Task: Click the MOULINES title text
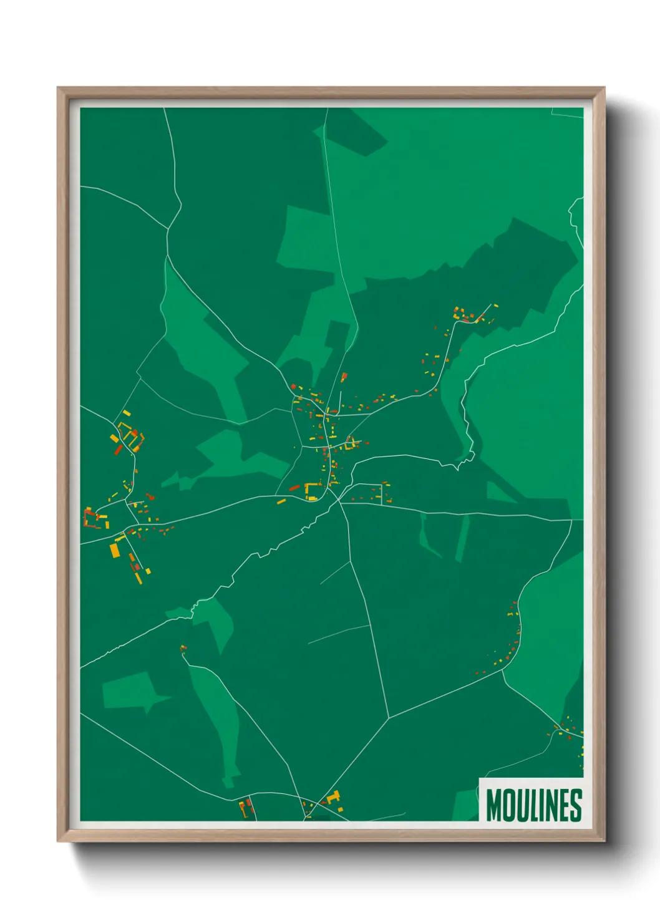coord(533,805)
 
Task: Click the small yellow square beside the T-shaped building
coord(341,809)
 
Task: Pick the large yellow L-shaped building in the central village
coord(310,491)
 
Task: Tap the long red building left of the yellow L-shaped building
coord(294,487)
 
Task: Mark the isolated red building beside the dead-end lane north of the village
coord(343,377)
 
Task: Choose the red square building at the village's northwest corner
coord(293,387)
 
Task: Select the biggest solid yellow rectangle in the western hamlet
coord(115,550)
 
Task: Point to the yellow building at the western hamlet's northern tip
coord(127,413)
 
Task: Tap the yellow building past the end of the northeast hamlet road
coord(496,306)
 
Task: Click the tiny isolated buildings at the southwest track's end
coord(183,649)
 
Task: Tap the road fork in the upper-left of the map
coord(168,228)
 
